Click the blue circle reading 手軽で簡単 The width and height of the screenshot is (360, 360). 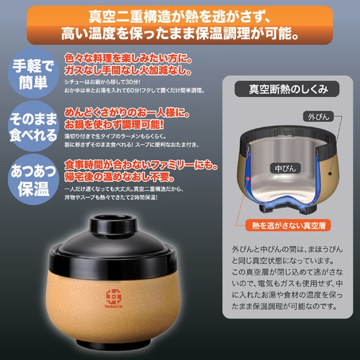33,73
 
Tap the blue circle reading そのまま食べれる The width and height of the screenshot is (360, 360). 33,126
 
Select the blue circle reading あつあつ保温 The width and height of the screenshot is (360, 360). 33,179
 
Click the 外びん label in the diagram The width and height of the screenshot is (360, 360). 319,117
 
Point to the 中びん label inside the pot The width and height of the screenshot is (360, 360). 286,169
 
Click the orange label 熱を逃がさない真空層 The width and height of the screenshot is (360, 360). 289,226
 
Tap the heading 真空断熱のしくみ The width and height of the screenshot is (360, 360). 287,89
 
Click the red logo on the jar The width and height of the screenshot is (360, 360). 113,298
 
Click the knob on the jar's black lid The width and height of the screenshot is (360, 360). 113,223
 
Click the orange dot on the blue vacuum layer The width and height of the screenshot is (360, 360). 248,178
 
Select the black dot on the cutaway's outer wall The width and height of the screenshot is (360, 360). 330,173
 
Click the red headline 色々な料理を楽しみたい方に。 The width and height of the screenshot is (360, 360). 128,58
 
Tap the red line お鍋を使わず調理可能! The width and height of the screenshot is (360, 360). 114,125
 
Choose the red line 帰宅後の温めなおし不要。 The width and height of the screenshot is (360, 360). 119,177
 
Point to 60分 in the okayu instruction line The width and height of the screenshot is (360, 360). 133,91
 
